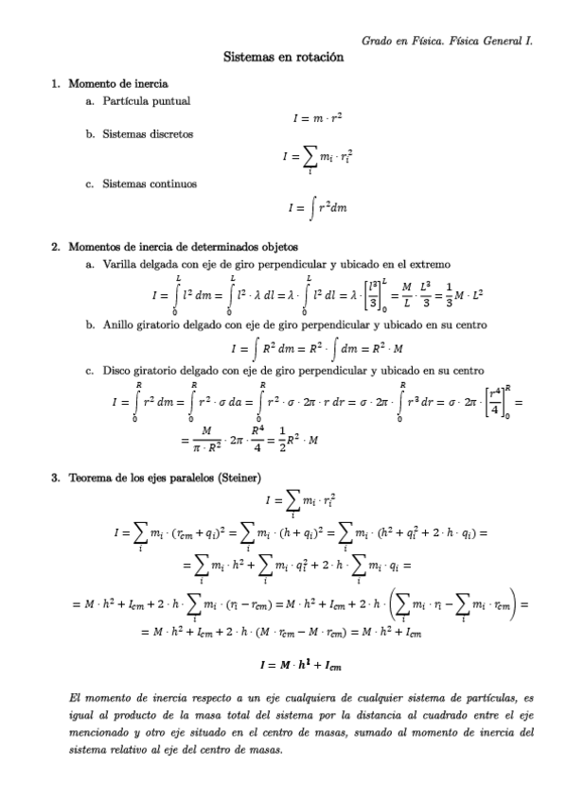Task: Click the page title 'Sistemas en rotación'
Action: tap(283, 57)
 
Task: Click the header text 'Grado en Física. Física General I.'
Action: tap(447, 41)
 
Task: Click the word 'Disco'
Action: tap(117, 371)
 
